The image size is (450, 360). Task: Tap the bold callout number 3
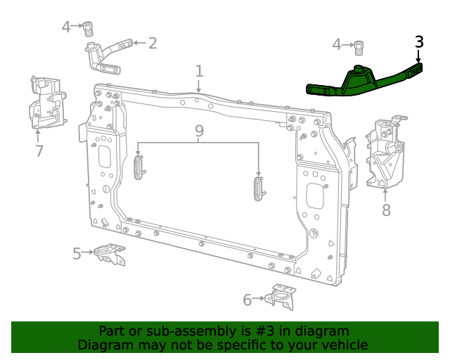pos(419,42)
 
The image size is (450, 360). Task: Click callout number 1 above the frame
pos(199,71)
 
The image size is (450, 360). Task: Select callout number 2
pos(152,44)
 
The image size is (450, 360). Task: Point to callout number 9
pos(199,131)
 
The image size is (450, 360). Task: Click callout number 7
pos(39,150)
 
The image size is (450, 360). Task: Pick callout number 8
pos(385,210)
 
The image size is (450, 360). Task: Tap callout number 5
pos(77,254)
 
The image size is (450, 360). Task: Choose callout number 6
pos(247,300)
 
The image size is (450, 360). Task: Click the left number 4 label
pos(66,27)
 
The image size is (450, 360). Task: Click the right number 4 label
pos(337,45)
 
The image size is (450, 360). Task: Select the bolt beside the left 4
pos(89,29)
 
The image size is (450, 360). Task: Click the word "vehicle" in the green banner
pos(342,345)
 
